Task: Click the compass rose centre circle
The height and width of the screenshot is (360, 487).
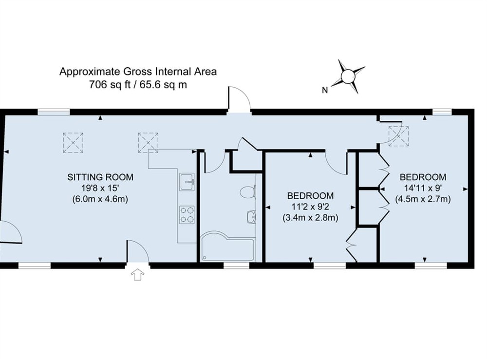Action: point(348,76)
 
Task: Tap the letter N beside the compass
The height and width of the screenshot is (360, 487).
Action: point(324,90)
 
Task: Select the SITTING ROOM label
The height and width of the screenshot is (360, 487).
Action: point(100,177)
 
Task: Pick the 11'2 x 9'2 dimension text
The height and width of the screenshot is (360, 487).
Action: point(310,207)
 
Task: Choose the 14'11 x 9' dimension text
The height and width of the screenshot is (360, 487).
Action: point(422,188)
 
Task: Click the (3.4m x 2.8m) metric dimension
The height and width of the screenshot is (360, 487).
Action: point(310,218)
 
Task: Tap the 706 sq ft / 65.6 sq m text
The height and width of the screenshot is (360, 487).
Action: point(138,84)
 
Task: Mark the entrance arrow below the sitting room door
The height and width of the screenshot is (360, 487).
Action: point(138,275)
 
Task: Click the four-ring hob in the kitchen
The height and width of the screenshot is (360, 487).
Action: point(187,214)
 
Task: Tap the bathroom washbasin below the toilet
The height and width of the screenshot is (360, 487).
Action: point(251,217)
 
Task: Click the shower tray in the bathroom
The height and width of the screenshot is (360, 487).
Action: point(227,248)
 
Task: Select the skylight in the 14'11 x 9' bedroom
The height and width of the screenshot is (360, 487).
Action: point(398,136)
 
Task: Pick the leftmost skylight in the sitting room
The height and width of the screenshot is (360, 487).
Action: point(73,142)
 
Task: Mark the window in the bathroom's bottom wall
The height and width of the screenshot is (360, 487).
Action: point(236,265)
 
